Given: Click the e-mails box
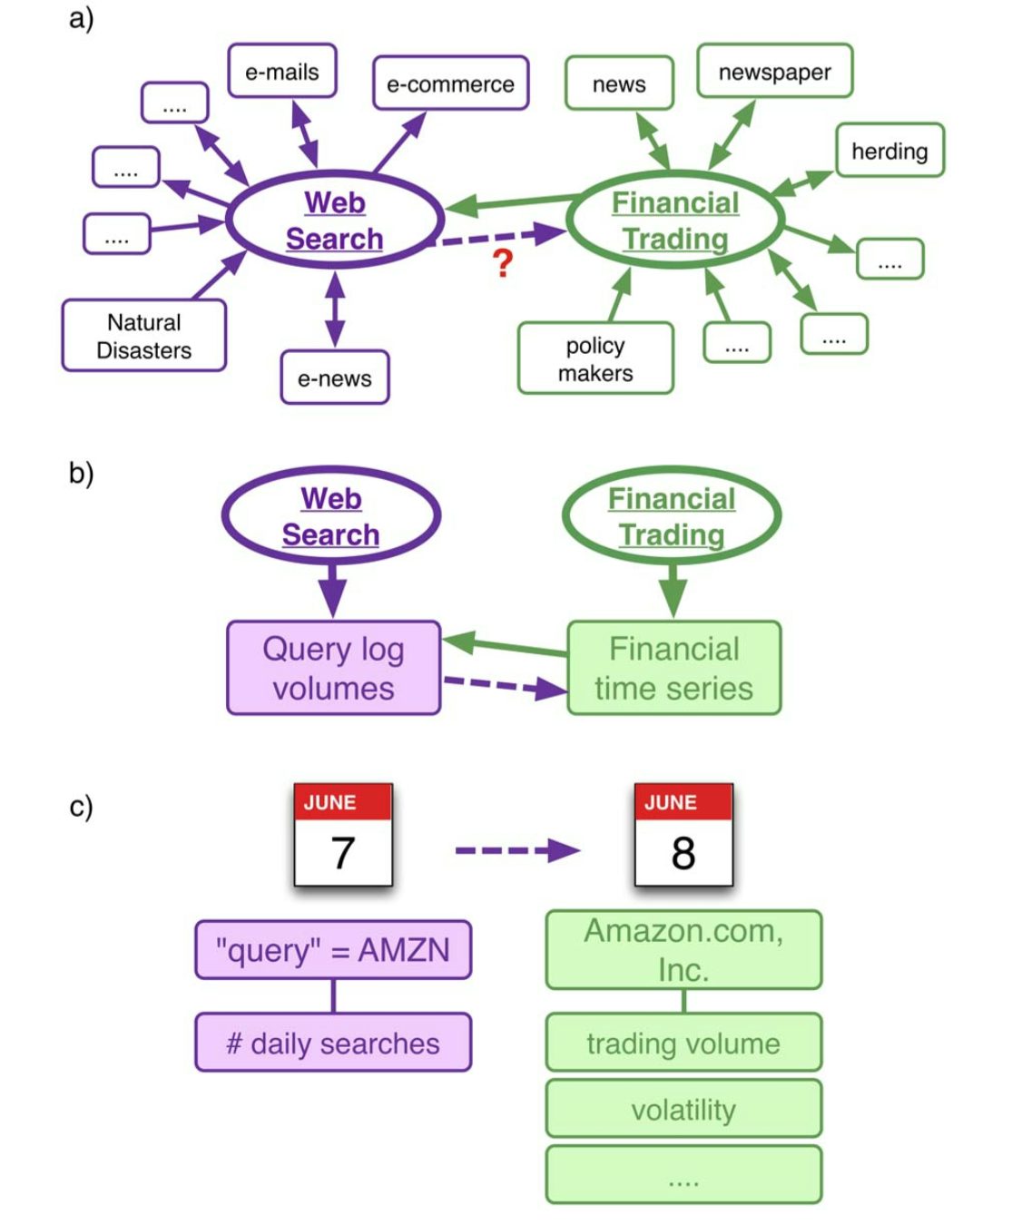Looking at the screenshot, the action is (281, 71).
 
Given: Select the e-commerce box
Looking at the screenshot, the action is (450, 83).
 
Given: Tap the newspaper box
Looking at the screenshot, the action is (774, 71).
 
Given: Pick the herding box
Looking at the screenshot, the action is (889, 150).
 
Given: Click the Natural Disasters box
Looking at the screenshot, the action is (143, 335).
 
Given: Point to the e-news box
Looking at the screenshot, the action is (335, 377).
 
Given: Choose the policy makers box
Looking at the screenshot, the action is (595, 358).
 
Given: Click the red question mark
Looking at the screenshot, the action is (503, 263).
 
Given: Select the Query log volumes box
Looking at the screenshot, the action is (333, 667).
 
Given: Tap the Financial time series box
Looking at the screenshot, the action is (673, 667).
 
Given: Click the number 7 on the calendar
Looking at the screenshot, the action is (343, 852).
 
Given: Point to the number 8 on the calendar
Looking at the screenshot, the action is (683, 852).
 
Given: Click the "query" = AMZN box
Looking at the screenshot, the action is (333, 949).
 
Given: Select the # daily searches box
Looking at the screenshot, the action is (333, 1043).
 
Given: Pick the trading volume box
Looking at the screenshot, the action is (683, 1043).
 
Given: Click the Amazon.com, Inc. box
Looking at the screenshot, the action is (683, 949).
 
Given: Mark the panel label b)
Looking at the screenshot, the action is (81, 473).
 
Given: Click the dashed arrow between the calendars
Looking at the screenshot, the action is (517, 849).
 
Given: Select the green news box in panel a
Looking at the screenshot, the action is (619, 83).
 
